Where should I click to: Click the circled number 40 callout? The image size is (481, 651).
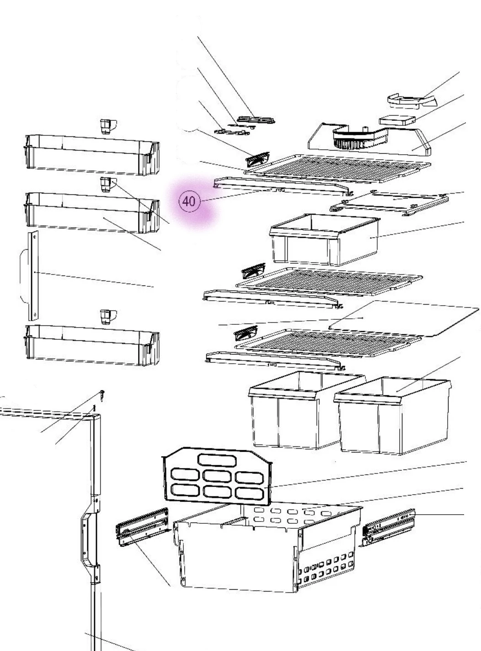click(x=189, y=201)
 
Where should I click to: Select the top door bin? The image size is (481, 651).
click(x=92, y=155)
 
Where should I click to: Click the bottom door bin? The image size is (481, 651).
click(x=92, y=345)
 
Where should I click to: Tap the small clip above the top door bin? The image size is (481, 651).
click(x=108, y=126)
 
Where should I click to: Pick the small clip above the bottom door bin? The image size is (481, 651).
click(x=108, y=317)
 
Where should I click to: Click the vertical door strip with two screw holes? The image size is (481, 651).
click(x=33, y=275)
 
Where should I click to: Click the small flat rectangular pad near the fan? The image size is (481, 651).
click(x=397, y=120)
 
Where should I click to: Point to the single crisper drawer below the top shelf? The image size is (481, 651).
click(x=324, y=239)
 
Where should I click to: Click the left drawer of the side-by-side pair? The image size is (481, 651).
click(x=307, y=410)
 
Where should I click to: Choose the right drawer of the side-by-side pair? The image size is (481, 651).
click(x=393, y=415)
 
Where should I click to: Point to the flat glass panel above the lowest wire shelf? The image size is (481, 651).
click(x=404, y=318)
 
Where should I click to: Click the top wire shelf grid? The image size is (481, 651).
click(x=337, y=168)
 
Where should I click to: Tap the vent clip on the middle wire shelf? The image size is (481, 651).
click(x=253, y=271)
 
